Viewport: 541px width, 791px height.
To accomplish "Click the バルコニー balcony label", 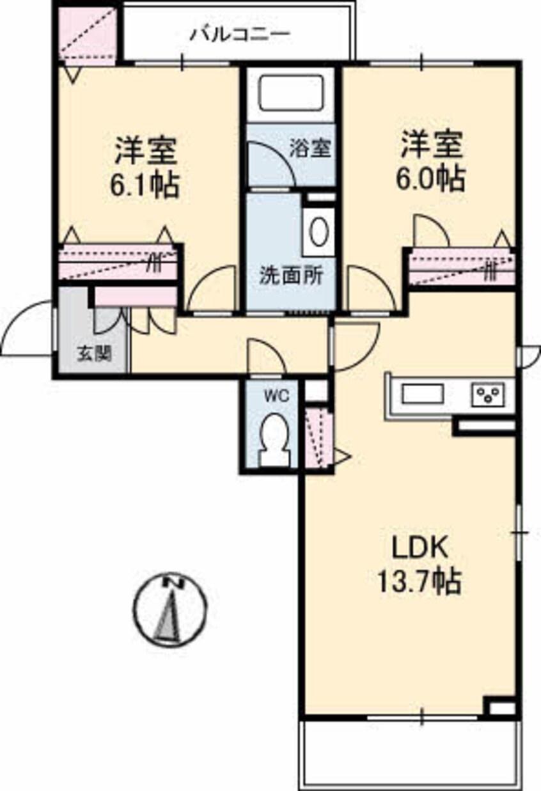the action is tap(240, 35).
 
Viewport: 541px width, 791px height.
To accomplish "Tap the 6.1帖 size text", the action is tap(145, 185).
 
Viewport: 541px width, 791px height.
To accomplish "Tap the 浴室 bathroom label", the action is tap(310, 148).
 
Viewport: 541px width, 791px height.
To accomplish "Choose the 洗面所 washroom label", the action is tap(292, 276).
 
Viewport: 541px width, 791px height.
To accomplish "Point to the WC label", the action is tap(278, 396).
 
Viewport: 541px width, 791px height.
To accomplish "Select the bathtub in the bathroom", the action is tap(291, 93).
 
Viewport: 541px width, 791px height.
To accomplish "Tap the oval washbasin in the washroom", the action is tap(319, 231).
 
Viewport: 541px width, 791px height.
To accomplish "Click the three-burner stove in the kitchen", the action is tap(488, 394).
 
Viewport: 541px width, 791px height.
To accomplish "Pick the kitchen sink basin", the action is tap(422, 394).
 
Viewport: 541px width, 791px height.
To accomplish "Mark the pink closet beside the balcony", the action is tap(88, 36).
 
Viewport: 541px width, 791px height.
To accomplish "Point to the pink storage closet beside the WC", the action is tap(318, 438).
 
